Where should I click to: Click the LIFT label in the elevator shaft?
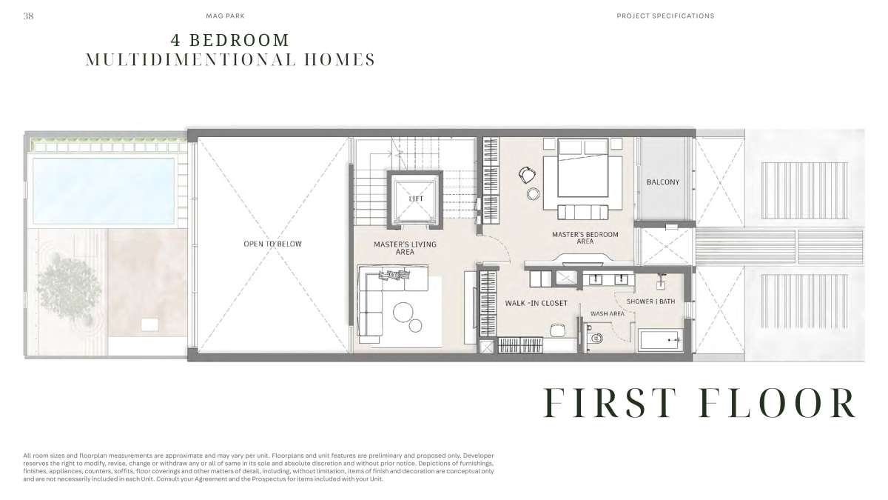point(416,199)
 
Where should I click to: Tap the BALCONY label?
point(663,182)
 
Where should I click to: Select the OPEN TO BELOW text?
point(273,244)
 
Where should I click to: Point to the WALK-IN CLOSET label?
point(536,303)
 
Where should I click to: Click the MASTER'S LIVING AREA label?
point(405,248)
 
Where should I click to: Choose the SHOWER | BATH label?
point(650,301)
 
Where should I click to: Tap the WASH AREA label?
point(608,313)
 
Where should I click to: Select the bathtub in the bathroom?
point(660,340)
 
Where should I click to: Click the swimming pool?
point(103,191)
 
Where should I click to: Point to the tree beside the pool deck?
point(69,287)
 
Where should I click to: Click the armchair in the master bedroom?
point(528,175)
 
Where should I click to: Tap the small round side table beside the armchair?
point(534,193)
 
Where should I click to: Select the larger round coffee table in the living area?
point(403,312)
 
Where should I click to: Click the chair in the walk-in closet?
point(558,330)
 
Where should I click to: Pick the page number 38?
point(28,16)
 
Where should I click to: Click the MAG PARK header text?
point(225,16)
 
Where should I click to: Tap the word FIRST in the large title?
point(609,402)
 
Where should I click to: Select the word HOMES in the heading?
point(340,59)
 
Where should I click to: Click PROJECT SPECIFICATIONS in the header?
point(665,16)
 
